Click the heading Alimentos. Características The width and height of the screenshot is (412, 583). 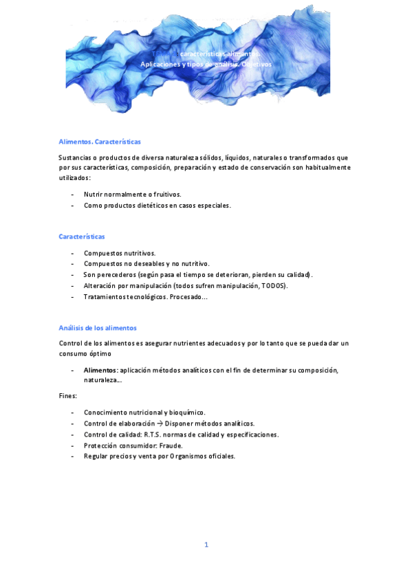(x=100, y=142)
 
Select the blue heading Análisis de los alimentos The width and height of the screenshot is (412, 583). (x=98, y=328)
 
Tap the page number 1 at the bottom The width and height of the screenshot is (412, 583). (x=206, y=544)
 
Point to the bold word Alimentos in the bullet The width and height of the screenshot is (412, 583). (x=100, y=370)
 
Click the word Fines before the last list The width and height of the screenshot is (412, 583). (x=67, y=396)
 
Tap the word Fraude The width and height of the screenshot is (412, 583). (x=169, y=445)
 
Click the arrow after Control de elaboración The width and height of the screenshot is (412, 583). (x=159, y=423)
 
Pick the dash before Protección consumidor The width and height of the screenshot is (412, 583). (x=73, y=445)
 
